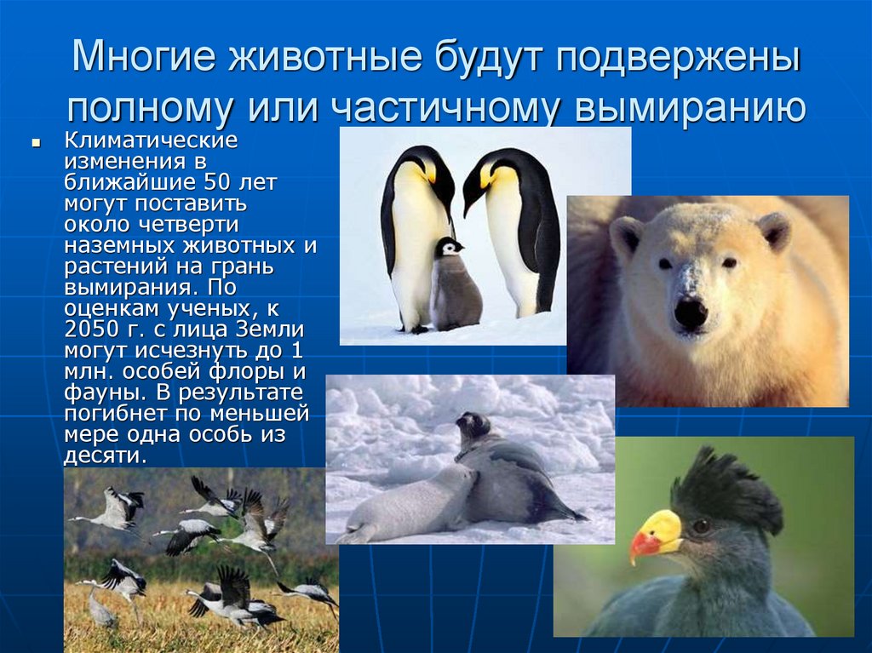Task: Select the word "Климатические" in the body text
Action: [150, 140]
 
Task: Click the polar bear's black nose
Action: [690, 313]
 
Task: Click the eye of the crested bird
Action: [702, 527]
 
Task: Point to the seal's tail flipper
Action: [571, 513]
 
